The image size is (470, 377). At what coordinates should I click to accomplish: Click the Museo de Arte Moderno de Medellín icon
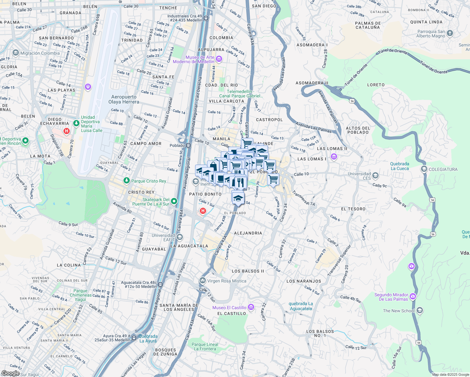click(x=219, y=59)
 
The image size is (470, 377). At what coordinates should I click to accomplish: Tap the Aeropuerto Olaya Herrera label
click(x=124, y=99)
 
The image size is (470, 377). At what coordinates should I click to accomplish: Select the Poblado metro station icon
click(x=188, y=145)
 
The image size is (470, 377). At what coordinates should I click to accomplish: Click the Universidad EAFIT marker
click(x=179, y=237)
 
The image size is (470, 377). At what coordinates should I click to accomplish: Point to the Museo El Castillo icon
click(x=251, y=307)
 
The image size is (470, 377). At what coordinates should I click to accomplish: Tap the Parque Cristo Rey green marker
click(x=126, y=181)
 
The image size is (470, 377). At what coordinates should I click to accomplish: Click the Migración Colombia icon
click(x=16, y=53)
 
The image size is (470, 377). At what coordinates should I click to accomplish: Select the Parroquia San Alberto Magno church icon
click(x=450, y=33)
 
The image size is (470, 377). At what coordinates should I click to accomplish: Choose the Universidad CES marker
click(x=375, y=175)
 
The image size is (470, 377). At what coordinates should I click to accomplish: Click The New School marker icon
click(x=420, y=311)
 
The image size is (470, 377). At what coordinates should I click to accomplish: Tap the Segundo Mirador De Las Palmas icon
click(x=413, y=296)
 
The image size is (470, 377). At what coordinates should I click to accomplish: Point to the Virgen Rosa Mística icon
click(x=203, y=280)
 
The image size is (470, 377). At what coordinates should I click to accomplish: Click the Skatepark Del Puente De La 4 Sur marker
click(x=174, y=201)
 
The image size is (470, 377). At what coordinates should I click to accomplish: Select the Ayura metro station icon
click(x=134, y=338)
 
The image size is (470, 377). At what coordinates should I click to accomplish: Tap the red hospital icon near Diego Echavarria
click(x=66, y=131)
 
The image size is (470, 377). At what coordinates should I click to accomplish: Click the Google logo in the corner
click(x=10, y=373)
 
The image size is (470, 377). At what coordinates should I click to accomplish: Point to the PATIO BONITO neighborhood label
click(x=205, y=194)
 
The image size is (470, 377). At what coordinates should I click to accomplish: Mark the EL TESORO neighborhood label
click(x=353, y=209)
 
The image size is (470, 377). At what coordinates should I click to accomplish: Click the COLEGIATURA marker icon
click(x=424, y=169)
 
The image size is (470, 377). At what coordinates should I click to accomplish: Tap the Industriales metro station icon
click(x=206, y=18)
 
